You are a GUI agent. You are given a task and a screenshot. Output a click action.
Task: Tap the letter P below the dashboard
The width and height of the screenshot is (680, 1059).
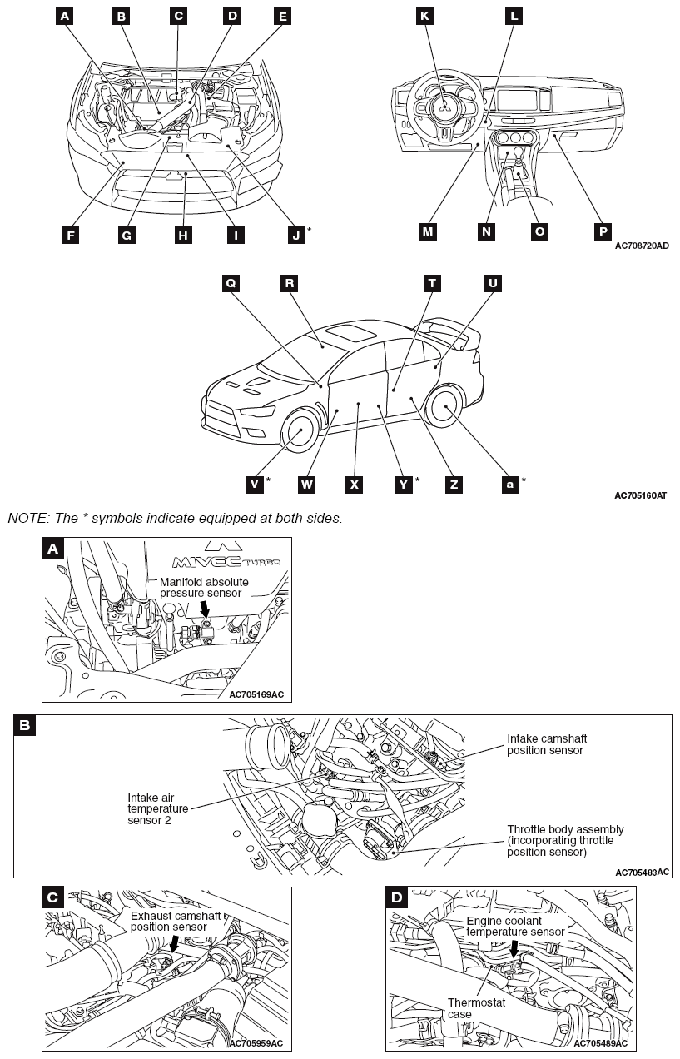click(x=603, y=231)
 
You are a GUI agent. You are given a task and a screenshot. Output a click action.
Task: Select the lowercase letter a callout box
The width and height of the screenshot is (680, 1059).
click(x=509, y=484)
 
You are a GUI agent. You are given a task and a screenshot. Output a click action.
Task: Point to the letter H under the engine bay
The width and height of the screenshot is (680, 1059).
click(x=182, y=235)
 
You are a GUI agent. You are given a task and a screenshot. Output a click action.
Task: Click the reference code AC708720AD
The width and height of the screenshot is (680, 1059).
click(x=642, y=246)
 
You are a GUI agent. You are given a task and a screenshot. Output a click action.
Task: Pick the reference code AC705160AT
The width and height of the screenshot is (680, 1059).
click(x=642, y=496)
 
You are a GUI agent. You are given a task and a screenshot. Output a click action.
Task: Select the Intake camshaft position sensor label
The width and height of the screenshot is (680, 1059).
click(x=545, y=744)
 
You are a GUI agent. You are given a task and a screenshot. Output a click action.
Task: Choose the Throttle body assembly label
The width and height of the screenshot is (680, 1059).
click(x=565, y=841)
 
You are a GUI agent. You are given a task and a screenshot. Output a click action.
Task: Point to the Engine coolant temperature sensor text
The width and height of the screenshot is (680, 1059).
click(x=515, y=927)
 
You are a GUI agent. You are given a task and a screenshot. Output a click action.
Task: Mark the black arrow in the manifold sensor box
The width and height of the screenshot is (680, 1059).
click(x=205, y=610)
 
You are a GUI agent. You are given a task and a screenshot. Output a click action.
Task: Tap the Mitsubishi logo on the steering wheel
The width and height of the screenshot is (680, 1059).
click(x=445, y=106)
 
